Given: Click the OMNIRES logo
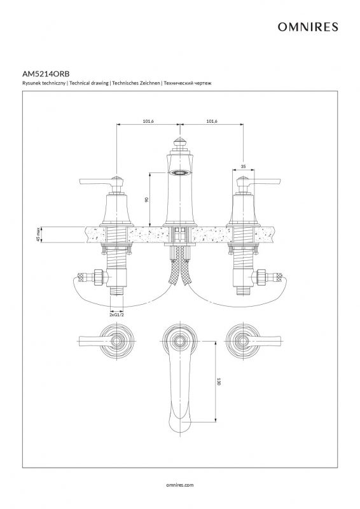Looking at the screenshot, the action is (307, 27).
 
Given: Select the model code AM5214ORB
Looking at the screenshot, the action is (46, 74).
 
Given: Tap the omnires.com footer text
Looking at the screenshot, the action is (180, 485).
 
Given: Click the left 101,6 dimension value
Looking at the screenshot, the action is (148, 121).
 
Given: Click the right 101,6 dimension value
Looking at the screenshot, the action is (212, 121).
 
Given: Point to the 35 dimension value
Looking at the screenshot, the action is (244, 166).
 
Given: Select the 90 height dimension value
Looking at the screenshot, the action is (146, 199).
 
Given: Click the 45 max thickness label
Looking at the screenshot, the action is (38, 234).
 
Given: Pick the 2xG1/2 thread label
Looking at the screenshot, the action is (116, 315).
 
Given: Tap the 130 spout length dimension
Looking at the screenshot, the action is (218, 381).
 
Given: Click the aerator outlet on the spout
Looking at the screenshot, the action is (180, 173).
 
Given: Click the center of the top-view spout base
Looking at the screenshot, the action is (180, 341).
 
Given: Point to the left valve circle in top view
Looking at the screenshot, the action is (116, 341).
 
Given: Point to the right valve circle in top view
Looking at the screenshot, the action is (243, 341).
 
